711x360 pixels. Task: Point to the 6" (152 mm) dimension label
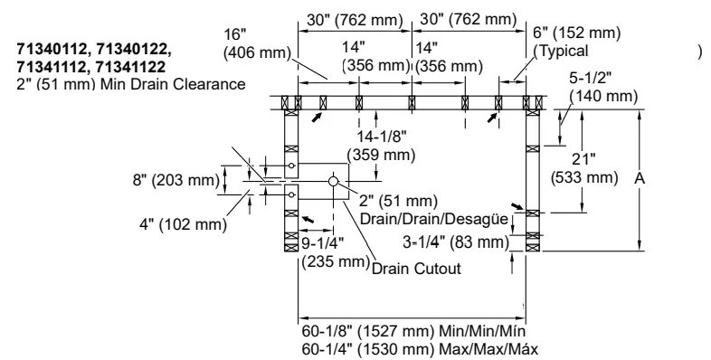(576, 33)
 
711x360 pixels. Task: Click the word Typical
(567, 52)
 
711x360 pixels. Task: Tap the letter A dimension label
(639, 179)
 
